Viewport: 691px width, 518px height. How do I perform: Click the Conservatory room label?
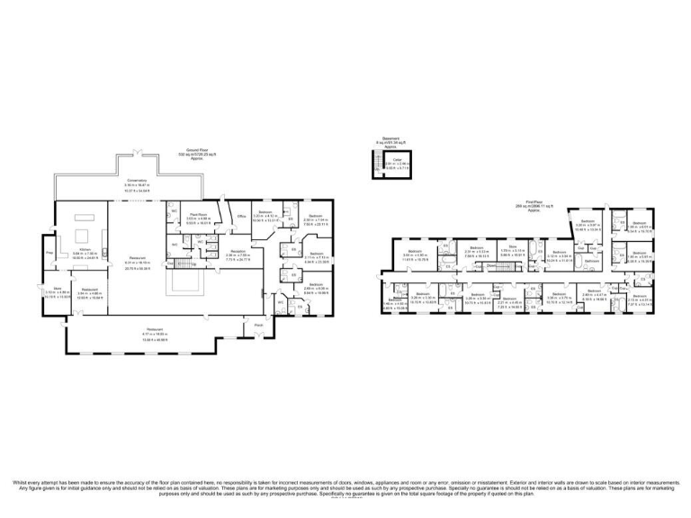click(137, 181)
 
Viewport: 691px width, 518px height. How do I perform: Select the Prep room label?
click(50, 253)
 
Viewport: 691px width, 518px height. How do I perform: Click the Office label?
click(241, 217)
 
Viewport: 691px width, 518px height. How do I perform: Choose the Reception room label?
click(237, 253)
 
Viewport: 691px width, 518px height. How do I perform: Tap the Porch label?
click(258, 325)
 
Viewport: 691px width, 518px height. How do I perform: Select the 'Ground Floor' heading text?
click(192, 149)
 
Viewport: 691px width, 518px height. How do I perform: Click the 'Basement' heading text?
click(390, 139)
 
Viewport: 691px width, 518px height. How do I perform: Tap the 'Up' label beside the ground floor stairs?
click(195, 264)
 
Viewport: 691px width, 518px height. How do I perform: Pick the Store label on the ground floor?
click(57, 289)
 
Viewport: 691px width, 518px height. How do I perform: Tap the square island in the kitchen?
click(91, 216)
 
